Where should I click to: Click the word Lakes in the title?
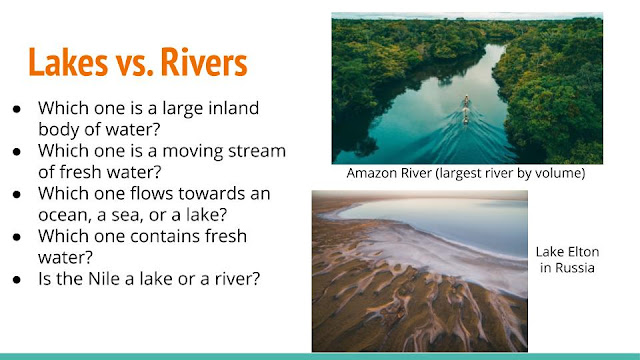tap(68, 62)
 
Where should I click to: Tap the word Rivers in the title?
tap(204, 62)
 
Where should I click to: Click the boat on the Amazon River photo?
tap(466, 109)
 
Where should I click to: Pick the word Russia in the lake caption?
tap(574, 268)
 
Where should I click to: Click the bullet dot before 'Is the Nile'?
tap(17, 280)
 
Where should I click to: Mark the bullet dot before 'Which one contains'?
tap(17, 237)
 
